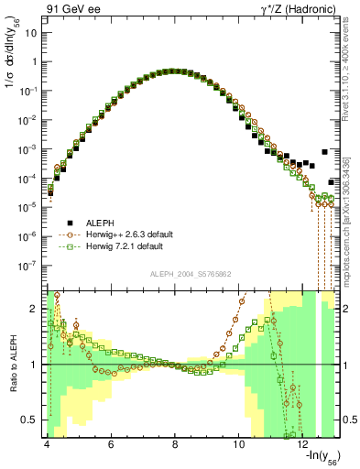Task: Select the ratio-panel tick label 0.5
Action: [x=29, y=420]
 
